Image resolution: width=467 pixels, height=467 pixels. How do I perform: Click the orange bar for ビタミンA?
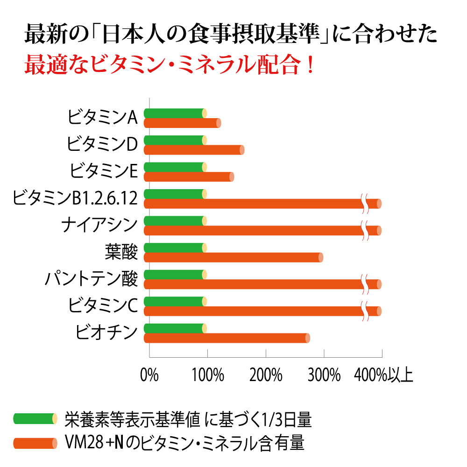tap(182, 123)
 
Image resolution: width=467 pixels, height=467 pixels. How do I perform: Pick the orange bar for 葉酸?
tap(233, 258)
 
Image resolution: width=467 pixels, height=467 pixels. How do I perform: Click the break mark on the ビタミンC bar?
tap(364, 311)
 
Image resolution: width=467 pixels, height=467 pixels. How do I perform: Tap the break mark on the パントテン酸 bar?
tap(364, 285)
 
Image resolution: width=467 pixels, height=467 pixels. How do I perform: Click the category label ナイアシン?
tap(99, 225)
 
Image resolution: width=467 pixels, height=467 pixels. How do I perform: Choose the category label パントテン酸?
tap(91, 279)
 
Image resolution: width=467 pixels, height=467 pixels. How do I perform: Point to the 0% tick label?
tap(149, 375)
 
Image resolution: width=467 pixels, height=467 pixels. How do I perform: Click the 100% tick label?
tap(207, 375)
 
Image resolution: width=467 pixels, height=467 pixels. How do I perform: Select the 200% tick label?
tap(266, 375)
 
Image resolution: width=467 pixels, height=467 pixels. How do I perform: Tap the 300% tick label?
tap(324, 375)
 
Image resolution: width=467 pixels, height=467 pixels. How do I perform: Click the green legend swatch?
tap(35, 419)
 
